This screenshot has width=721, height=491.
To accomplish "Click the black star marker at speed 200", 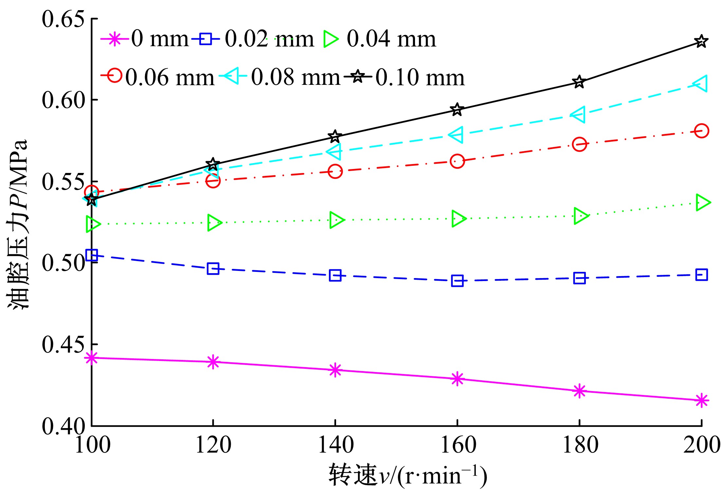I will point(701,42).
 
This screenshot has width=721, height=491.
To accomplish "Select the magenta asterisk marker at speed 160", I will point(457,379).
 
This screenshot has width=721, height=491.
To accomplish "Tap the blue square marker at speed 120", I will point(213,269).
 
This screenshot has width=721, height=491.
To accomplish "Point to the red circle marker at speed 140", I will point(335,171).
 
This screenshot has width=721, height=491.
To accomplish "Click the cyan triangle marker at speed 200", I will point(700,84).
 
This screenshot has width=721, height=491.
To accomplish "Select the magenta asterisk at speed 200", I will point(701,400).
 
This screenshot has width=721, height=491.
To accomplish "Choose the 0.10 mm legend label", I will point(420,78).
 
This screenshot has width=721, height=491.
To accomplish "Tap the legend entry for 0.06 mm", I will point(170,78).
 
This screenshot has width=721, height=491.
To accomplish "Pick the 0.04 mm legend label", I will point(391,39).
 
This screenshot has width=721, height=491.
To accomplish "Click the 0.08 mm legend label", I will point(296,78).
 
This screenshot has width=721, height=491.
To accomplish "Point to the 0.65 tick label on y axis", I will point(63,19).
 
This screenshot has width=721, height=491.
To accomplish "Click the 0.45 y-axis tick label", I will point(63,345).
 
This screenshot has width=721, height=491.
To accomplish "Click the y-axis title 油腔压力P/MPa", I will point(18,224).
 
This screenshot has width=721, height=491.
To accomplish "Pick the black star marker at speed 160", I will point(457,109).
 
